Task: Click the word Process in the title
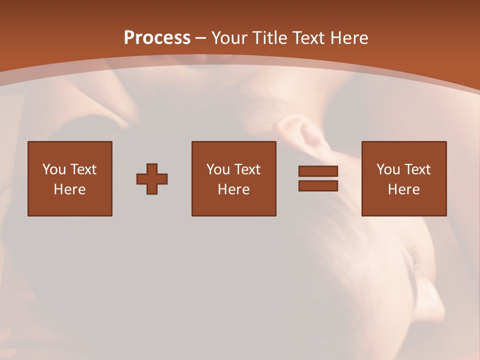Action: click(157, 38)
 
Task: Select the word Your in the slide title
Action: click(230, 38)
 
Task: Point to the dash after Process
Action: click(200, 38)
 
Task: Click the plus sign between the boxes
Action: click(152, 178)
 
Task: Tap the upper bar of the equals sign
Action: click(318, 171)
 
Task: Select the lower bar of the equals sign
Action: click(318, 185)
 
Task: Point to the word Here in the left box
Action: click(69, 189)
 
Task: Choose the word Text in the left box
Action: click(82, 169)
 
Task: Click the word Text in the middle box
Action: click(247, 169)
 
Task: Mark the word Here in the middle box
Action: click(233, 189)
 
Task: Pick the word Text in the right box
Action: click(417, 169)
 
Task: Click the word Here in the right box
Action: click(403, 189)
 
